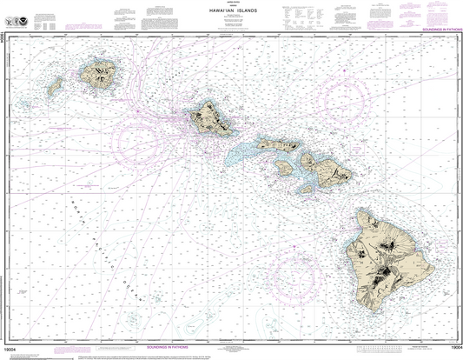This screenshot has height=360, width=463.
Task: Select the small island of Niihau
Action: point(54,86)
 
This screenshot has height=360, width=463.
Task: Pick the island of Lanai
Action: point(283,167)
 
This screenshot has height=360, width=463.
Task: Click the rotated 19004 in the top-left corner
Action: point(4,38)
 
